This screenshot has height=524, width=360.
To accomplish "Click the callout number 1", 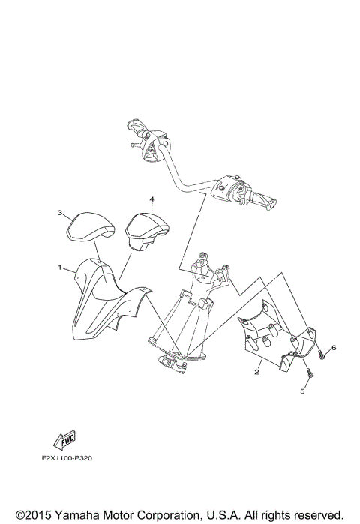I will click(59, 266).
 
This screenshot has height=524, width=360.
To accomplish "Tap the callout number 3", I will click(59, 213).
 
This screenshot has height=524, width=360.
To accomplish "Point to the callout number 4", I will click(151, 199).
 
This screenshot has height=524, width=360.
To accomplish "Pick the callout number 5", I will click(304, 391).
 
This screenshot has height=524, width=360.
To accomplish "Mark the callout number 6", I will click(334, 347).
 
